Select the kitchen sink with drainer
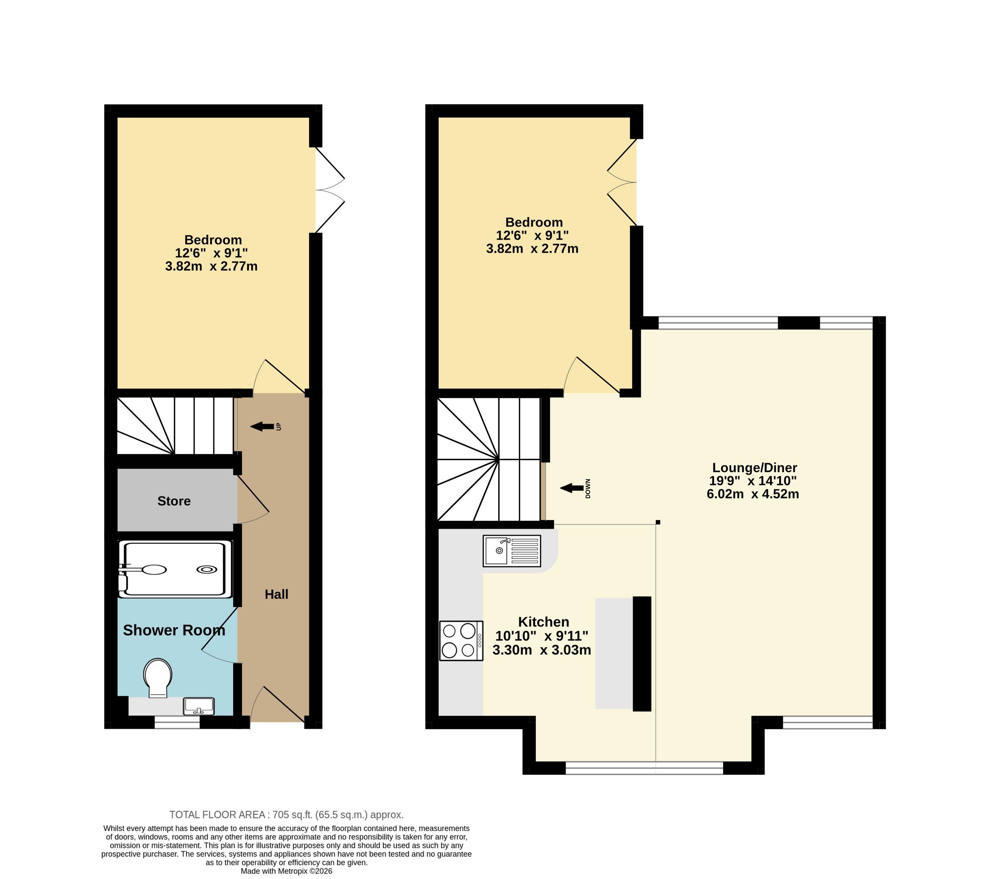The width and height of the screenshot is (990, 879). click(512, 551)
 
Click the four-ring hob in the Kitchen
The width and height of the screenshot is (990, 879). click(461, 641)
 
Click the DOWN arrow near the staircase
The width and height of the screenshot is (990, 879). click(571, 488)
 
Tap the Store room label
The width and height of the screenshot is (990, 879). click(174, 501)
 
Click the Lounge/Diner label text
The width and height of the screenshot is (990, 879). click(754, 468)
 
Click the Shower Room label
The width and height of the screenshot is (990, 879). click(174, 630)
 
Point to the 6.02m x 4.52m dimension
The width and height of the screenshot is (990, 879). click(753, 494)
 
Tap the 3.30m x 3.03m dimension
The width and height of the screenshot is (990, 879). click(542, 650)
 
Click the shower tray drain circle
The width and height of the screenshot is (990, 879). click(206, 570)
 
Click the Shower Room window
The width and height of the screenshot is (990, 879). click(177, 723)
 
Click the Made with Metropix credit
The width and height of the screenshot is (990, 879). click(287, 871)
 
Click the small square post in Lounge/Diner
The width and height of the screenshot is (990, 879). click(658, 522)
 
